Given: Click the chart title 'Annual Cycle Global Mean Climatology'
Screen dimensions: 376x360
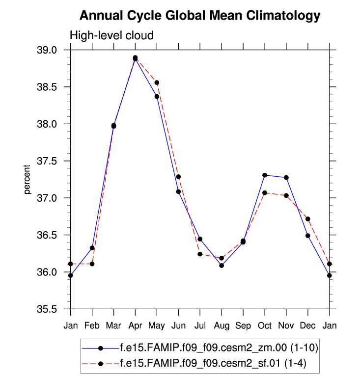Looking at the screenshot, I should coord(199,16).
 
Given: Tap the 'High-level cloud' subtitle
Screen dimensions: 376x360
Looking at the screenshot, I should coord(112,35).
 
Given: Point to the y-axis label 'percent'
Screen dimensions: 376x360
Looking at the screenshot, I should coord(28,180).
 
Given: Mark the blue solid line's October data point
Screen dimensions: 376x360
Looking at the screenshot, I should coord(265,175).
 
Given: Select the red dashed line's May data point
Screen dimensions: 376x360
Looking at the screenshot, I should coord(157,82).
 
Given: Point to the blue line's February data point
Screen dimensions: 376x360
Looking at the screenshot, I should coord(92,248).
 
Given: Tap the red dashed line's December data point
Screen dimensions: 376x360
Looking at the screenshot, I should coord(308,219).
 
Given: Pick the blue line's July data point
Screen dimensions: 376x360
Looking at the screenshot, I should coord(200,239).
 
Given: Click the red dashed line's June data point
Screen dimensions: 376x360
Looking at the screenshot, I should coord(178,177).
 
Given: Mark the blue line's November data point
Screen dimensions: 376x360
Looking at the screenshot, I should coord(286,177).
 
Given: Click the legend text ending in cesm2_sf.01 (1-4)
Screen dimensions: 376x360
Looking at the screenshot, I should coord(213,364).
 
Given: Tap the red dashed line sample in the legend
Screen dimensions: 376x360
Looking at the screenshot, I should coord(101,364).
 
